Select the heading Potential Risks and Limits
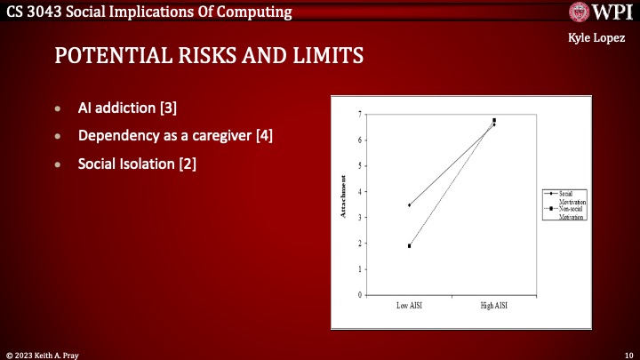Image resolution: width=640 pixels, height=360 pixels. pos(209,56)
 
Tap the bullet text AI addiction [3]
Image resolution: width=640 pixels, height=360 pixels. pos(127,108)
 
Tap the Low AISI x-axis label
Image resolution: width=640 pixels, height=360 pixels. pos(409,306)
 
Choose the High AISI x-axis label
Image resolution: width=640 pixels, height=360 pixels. pos(493,306)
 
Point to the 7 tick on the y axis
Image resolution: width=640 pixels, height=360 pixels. pos(359,114)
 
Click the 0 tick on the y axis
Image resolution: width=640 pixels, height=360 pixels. pos(359,295)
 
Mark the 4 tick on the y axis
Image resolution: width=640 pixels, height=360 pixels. pos(359,191)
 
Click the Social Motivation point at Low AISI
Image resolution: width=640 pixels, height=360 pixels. pos(409,205)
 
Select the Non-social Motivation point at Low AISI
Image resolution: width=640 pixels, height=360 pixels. pos(409,246)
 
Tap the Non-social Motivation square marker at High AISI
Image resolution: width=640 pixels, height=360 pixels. pos(494,120)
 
